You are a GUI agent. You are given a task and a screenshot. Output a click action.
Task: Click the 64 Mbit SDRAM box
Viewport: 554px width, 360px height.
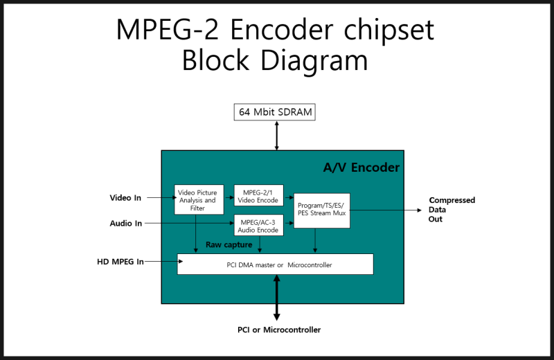click(x=276, y=111)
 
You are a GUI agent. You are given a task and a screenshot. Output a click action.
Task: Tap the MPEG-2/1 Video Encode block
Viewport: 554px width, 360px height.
click(x=258, y=196)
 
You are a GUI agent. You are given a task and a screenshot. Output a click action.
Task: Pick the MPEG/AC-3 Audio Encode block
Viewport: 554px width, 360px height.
click(x=258, y=226)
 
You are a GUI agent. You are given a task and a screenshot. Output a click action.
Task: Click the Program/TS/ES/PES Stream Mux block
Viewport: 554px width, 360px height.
click(x=322, y=210)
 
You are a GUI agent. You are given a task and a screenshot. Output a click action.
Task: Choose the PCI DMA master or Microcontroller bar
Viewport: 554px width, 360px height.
click(x=275, y=264)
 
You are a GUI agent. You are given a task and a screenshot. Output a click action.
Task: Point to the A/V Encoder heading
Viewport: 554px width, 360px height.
click(x=361, y=168)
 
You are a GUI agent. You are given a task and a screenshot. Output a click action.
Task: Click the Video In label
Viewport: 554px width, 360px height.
click(x=125, y=198)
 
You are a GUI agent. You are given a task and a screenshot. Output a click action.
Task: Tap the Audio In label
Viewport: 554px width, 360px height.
click(x=125, y=224)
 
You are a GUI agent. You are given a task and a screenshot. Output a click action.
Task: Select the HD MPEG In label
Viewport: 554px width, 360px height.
click(x=120, y=262)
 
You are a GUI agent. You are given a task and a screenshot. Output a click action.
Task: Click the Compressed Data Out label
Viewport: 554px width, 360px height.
click(x=452, y=210)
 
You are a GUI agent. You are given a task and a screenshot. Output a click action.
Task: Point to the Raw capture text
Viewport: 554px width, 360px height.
click(x=229, y=244)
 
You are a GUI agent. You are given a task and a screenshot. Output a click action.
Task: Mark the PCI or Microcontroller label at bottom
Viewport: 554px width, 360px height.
click(x=279, y=330)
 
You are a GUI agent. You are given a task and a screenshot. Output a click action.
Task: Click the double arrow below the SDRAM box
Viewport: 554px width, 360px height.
click(x=276, y=135)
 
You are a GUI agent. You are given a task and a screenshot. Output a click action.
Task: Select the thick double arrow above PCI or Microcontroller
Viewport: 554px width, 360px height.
click(x=276, y=297)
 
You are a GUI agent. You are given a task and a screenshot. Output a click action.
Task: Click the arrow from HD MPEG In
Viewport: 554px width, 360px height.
click(x=161, y=262)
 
